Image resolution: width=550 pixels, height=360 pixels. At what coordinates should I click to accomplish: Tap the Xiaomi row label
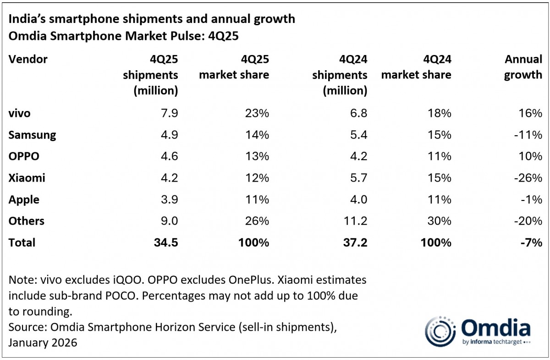[x=27, y=178]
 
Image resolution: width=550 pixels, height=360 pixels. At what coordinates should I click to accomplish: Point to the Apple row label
[x=24, y=199]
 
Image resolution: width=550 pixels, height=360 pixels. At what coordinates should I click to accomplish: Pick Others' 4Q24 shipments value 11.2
[x=355, y=221]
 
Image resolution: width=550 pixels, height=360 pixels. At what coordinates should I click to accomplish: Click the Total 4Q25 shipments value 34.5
[x=165, y=242]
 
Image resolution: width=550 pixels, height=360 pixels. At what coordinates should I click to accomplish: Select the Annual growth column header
[x=523, y=67]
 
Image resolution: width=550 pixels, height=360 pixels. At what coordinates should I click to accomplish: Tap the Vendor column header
[x=28, y=59]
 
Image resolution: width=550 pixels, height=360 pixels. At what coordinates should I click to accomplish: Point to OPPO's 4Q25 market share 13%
[x=257, y=156]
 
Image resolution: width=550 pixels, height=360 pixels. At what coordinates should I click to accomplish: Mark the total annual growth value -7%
[x=530, y=242]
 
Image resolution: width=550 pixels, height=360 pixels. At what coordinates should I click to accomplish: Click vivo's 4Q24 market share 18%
[x=439, y=113]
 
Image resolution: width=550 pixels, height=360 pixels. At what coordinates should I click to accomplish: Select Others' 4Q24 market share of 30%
[x=439, y=221]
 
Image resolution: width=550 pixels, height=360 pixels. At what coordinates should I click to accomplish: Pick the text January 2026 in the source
[x=43, y=343]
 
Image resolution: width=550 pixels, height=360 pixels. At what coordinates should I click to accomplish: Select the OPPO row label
[x=24, y=156]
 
